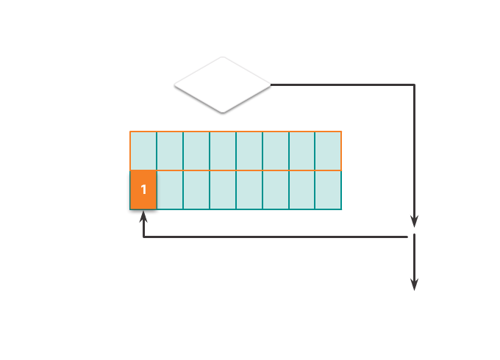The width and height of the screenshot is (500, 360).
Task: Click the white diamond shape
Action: coord(222,84)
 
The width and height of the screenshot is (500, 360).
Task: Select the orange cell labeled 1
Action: coord(143,190)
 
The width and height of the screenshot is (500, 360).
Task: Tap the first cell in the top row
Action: coord(143,151)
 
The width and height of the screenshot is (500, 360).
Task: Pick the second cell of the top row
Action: coord(170,151)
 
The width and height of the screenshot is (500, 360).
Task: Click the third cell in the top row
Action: coord(196,151)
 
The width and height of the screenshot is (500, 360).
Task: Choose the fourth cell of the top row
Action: coord(223,151)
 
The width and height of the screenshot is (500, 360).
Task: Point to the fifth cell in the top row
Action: coord(249,151)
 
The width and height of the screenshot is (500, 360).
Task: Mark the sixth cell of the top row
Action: coord(276,151)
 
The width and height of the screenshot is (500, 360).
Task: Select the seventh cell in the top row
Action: coord(302,151)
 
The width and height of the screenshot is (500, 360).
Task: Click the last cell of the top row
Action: coord(329,151)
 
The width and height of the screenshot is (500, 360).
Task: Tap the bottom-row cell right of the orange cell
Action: coord(170,190)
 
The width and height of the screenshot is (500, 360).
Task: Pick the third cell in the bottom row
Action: coord(196,190)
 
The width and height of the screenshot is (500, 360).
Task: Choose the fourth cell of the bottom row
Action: coord(223,190)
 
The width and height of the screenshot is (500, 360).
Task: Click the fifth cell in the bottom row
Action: coord(249,190)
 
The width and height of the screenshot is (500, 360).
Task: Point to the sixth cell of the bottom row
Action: coord(276,190)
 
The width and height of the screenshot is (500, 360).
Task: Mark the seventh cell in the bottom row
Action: coord(302,190)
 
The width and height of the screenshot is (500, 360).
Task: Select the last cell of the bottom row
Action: coord(329,190)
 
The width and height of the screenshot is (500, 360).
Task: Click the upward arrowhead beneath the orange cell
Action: coord(143,218)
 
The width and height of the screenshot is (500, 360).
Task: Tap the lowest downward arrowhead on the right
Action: coord(414,284)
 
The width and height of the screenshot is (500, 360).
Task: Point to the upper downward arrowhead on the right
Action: coord(414,221)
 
